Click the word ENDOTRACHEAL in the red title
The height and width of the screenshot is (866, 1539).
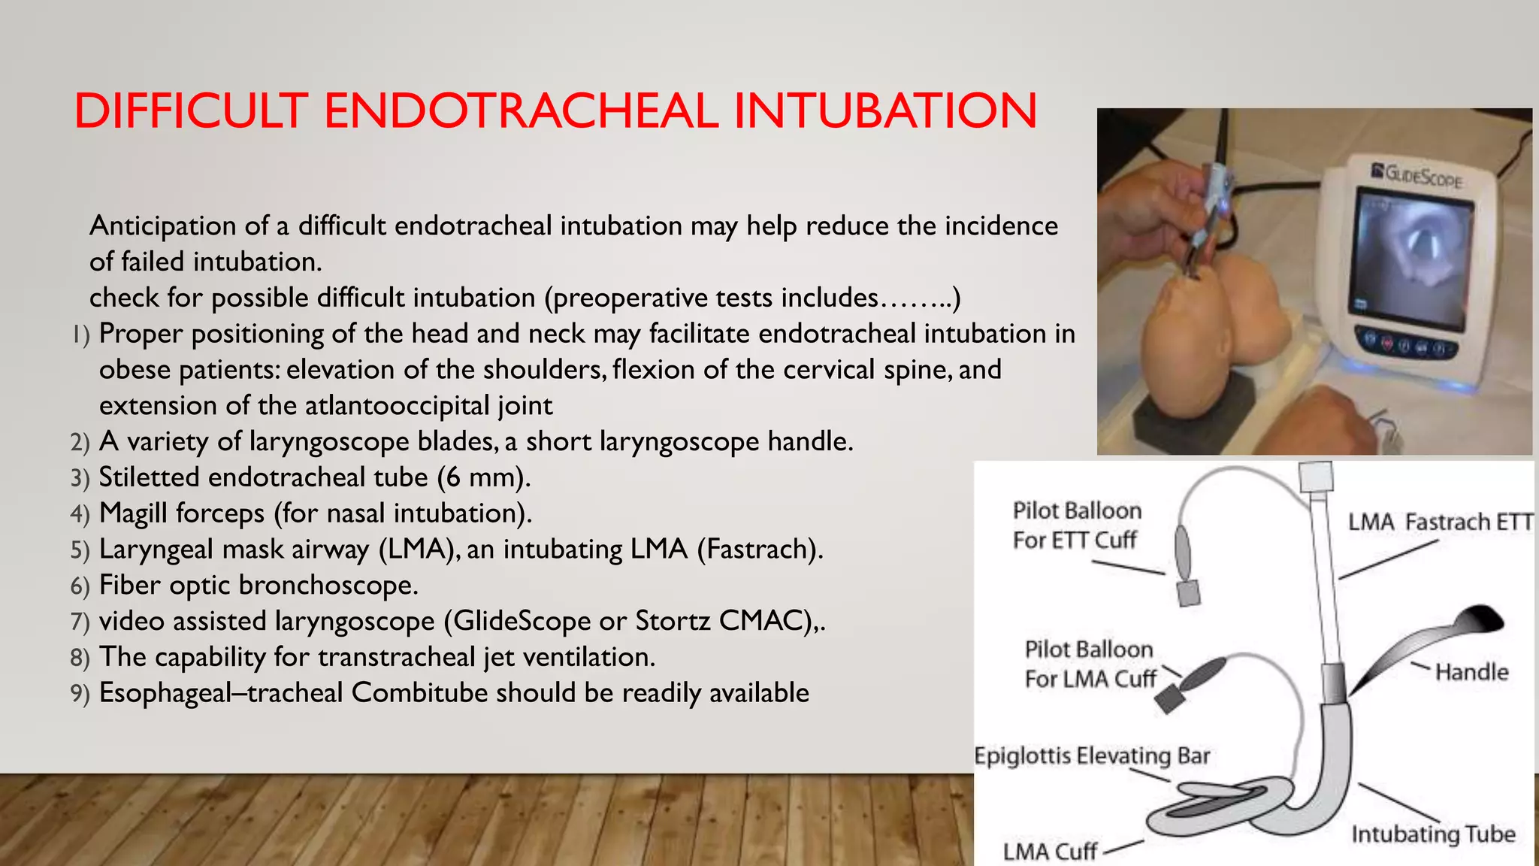tap(520, 111)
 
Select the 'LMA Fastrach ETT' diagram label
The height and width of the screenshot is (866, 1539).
tap(1440, 522)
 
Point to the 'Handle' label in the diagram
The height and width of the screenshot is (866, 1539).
tap(1471, 671)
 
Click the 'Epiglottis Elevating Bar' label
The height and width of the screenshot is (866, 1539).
tap(1091, 755)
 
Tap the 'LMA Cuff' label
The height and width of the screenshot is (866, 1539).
tap(1050, 852)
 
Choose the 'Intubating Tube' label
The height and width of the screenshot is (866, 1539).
tap(1433, 834)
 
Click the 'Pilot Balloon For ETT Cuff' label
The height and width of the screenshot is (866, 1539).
tap(1076, 525)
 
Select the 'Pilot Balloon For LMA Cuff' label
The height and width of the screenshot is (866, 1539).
tap(1090, 664)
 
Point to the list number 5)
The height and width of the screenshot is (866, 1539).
tap(80, 550)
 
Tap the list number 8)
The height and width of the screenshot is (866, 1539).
tap(80, 658)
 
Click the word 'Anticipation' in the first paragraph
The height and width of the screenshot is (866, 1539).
tap(163, 226)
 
